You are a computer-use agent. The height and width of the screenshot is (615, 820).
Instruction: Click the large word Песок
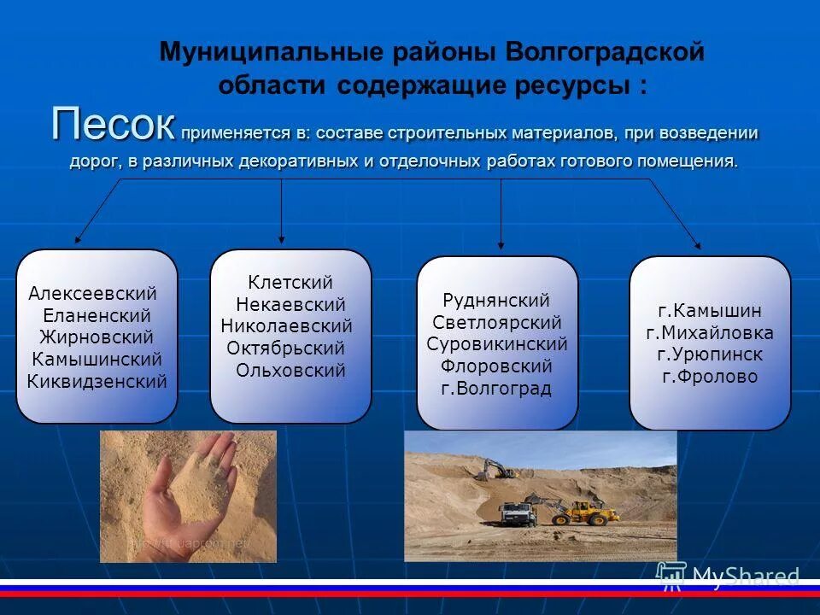[113, 126]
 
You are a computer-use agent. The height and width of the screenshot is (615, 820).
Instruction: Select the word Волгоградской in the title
[605, 52]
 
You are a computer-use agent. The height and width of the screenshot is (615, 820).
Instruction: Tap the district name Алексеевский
[93, 293]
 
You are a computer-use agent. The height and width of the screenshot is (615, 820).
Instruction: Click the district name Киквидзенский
[97, 382]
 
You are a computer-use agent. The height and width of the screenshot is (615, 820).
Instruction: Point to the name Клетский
[290, 282]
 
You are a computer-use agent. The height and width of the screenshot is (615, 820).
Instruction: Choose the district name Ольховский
[290, 370]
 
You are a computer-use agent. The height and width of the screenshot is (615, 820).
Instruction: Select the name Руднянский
[496, 300]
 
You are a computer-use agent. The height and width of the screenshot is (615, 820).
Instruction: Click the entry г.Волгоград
[496, 389]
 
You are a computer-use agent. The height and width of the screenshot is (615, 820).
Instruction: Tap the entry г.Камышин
[709, 310]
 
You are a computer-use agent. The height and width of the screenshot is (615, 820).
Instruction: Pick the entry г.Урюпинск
[709, 354]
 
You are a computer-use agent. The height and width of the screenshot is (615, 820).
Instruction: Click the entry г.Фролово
[709, 377]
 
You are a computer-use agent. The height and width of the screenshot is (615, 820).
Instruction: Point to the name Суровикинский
[496, 344]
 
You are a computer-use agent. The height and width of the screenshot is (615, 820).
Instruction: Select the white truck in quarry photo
[517, 513]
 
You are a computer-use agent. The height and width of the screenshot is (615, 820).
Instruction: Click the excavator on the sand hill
[495, 468]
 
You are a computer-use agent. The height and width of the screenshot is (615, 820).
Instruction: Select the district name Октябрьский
[286, 348]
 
